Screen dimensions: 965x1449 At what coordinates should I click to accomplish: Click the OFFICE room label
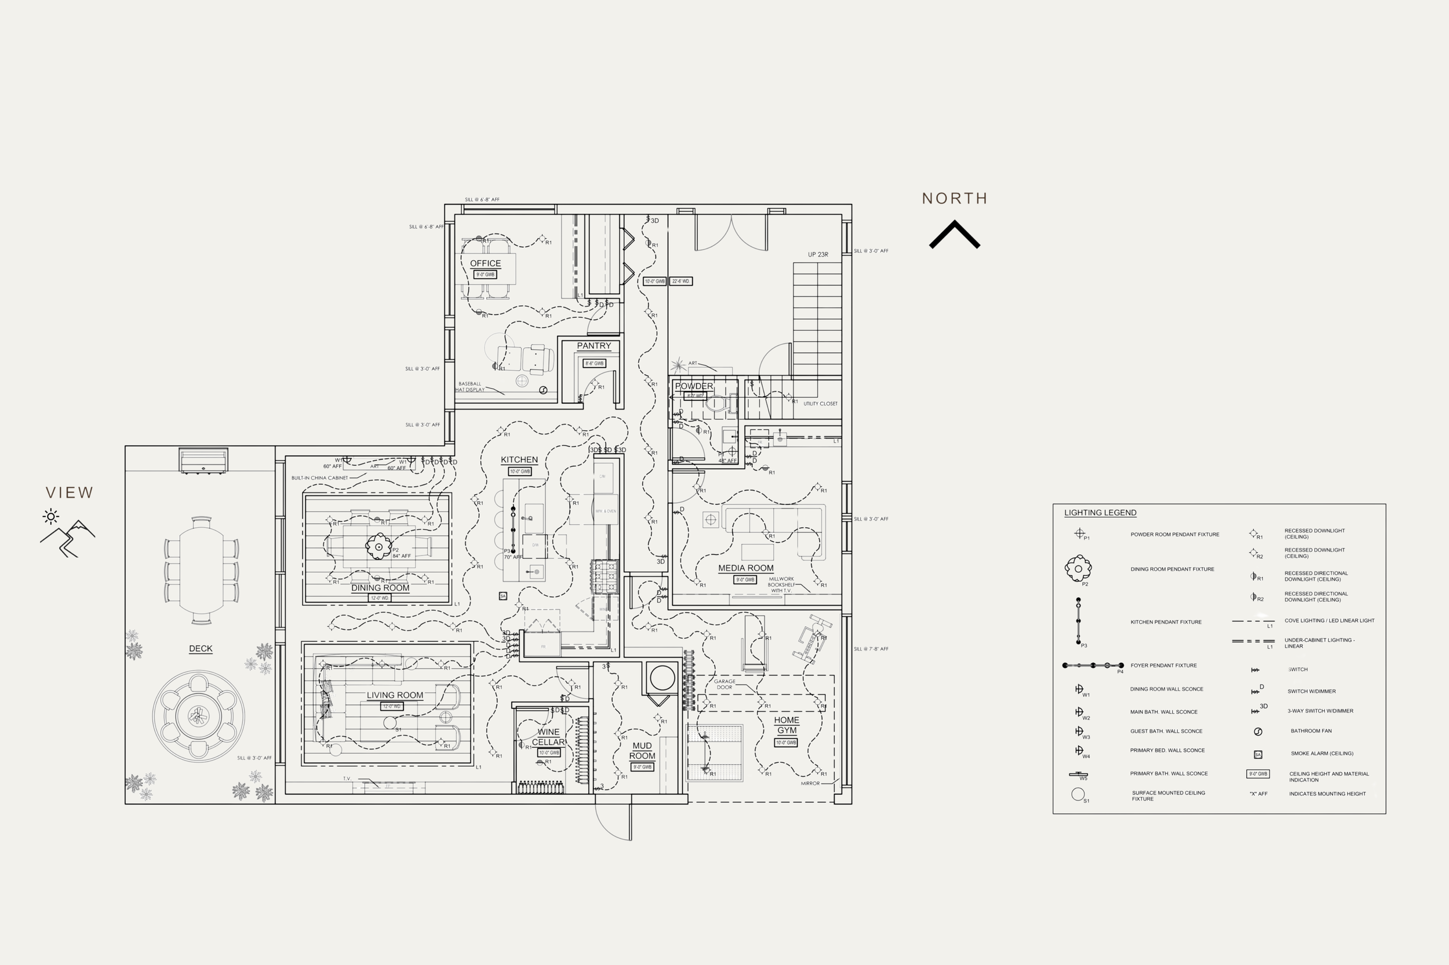click(485, 264)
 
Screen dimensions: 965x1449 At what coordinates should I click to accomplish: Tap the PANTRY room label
click(594, 346)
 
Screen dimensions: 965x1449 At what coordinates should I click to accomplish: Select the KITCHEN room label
click(519, 460)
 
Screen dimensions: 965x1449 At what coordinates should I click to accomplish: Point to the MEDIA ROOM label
click(745, 568)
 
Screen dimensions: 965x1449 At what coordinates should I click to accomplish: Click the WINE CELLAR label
click(548, 737)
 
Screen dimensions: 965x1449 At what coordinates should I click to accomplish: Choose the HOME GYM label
click(787, 725)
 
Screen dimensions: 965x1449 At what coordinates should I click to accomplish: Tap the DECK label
click(201, 649)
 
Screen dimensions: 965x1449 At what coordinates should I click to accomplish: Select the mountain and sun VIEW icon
click(67, 532)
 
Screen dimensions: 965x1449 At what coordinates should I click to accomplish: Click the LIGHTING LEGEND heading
click(1100, 513)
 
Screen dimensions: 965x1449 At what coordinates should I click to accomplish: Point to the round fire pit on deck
click(198, 716)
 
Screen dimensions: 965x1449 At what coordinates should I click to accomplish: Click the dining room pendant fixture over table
click(378, 545)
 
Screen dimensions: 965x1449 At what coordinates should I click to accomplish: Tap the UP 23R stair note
click(818, 254)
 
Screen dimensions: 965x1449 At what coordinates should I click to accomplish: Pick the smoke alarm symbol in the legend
click(1258, 755)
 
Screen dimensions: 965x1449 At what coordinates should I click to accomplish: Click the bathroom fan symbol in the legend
click(1258, 732)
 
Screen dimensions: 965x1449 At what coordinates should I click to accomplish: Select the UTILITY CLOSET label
click(820, 404)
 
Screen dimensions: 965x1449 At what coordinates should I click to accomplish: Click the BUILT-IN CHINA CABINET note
click(319, 477)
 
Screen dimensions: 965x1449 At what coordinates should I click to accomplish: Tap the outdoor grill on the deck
click(203, 461)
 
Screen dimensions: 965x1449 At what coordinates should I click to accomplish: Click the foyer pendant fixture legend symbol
click(1093, 666)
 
